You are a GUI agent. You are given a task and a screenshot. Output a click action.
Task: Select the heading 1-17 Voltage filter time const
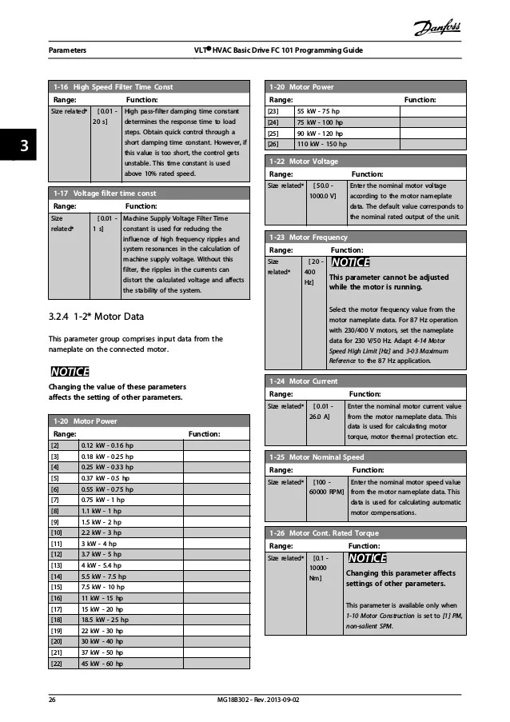105,193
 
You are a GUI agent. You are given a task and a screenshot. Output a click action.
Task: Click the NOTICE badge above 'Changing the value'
70,372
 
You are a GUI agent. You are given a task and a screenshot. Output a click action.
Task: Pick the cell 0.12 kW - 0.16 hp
112,445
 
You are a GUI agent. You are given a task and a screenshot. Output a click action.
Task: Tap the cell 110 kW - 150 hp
321,144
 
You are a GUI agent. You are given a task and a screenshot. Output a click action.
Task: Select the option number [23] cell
273,111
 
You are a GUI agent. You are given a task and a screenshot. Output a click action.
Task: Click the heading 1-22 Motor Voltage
304,162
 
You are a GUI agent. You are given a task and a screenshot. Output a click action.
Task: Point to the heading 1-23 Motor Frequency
309,237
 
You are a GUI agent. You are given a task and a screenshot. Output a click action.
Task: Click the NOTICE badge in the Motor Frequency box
349,262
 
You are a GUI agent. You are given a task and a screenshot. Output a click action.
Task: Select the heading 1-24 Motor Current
304,382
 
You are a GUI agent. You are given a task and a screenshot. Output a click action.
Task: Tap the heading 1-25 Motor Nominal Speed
317,457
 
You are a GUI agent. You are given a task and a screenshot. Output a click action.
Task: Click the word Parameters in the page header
68,50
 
